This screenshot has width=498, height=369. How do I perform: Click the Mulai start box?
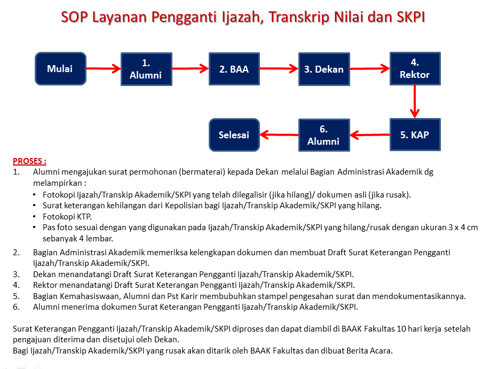tap(61, 69)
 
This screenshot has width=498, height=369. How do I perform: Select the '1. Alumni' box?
tap(146, 69)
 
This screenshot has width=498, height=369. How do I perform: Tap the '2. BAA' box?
tap(234, 69)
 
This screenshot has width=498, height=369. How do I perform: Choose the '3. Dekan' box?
tap(324, 69)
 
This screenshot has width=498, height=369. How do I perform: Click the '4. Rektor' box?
tap(415, 69)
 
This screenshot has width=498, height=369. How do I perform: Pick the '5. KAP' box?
tap(415, 135)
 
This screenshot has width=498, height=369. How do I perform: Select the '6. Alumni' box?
tap(324, 135)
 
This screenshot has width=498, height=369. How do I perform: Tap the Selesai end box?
tap(234, 135)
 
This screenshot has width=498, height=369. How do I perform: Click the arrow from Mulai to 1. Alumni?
tap(104, 69)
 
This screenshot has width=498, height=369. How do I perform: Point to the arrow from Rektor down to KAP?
tap(415, 101)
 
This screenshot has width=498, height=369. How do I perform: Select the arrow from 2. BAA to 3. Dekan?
tap(279, 69)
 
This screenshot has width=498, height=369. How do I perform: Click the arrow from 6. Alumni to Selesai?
tap(279, 135)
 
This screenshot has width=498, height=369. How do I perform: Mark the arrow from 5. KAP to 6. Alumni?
tap(370, 135)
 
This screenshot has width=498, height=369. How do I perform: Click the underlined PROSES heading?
tap(29, 161)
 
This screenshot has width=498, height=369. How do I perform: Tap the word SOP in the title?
tap(74, 17)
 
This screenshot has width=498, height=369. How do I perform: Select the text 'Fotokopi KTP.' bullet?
tap(67, 217)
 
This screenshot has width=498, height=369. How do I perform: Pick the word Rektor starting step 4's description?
tap(45, 285)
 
